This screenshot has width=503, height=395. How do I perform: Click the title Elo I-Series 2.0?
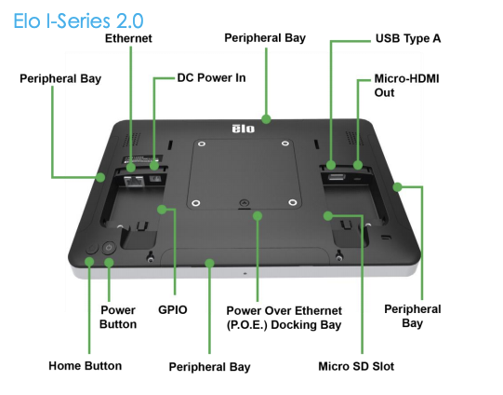(x=78, y=21)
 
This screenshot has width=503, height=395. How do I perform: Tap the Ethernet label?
(x=128, y=38)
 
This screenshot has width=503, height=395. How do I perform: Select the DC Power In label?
(x=211, y=77)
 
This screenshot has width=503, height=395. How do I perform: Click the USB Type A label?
(x=408, y=38)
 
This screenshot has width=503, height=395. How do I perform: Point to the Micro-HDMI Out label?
(x=406, y=86)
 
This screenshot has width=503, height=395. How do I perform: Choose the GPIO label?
(x=173, y=310)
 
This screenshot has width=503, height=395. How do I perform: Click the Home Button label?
(x=85, y=366)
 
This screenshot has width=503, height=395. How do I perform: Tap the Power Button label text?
(x=118, y=317)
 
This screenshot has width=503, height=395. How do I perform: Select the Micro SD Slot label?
(x=356, y=366)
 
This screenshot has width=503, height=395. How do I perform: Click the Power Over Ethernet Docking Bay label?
(x=284, y=318)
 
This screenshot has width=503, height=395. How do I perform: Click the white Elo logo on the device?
(x=244, y=129)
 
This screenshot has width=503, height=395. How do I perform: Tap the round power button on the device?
(x=109, y=248)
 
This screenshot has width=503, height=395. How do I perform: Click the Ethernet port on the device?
(x=134, y=182)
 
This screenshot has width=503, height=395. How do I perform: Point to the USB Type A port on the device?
(x=337, y=177)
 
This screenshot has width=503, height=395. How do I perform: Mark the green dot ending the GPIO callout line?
(x=162, y=210)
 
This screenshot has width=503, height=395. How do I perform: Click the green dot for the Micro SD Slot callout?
(x=328, y=215)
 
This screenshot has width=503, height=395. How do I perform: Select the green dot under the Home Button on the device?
(x=89, y=261)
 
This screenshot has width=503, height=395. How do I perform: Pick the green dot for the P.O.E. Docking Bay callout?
(x=258, y=216)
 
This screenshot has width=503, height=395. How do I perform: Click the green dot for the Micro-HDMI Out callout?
(x=358, y=165)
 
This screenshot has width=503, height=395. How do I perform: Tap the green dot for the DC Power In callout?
(x=154, y=166)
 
